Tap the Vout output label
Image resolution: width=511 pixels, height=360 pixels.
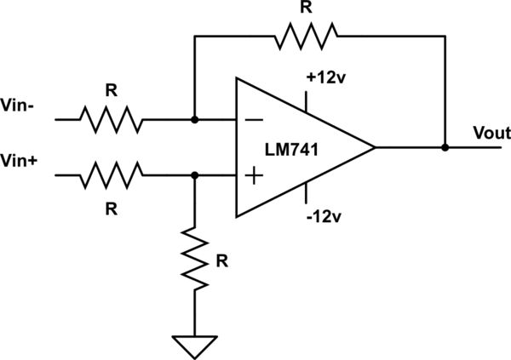click(x=491, y=134)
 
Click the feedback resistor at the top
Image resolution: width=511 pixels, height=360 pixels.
click(x=306, y=36)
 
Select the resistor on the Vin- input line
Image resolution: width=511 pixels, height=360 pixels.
click(x=112, y=120)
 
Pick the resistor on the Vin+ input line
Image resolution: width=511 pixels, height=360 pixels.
click(x=112, y=175)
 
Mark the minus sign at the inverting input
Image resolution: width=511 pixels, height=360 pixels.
click(x=254, y=120)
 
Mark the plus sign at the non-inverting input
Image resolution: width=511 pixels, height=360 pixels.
click(x=254, y=175)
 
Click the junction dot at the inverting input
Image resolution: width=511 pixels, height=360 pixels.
click(x=195, y=120)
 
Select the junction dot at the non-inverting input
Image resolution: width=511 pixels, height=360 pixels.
click(x=195, y=175)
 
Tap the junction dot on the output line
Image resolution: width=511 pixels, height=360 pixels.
click(x=445, y=147)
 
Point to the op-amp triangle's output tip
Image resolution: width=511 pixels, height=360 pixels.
click(x=375, y=147)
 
